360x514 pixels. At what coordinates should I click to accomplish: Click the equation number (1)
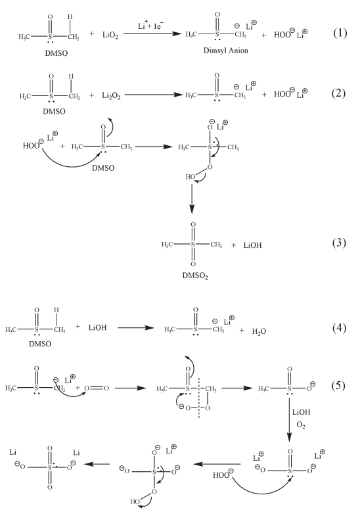[340, 33]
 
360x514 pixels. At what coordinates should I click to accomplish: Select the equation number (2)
[338, 93]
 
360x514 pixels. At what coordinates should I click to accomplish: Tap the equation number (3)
[339, 243]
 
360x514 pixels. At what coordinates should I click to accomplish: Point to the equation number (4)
[339, 328]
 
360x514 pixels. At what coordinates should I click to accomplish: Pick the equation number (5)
[338, 385]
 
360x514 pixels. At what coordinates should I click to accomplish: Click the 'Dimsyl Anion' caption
[226, 51]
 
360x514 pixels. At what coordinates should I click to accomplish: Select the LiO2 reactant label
[110, 35]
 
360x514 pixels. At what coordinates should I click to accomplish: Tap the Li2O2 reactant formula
[111, 95]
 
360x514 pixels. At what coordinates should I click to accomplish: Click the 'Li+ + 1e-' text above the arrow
[150, 25]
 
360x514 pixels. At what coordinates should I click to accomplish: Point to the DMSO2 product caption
[195, 275]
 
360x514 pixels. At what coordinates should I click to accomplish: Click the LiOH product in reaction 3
[252, 245]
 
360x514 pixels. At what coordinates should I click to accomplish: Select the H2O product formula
[259, 331]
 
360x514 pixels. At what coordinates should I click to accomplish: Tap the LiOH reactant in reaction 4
[98, 327]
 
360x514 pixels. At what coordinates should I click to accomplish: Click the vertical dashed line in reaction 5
[199, 398]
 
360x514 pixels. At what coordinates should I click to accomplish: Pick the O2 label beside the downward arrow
[301, 425]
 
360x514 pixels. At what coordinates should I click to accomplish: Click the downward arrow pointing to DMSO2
[192, 199]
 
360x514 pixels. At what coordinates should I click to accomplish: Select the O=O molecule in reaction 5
[97, 388]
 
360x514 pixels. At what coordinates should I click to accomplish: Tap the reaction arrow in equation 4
[135, 327]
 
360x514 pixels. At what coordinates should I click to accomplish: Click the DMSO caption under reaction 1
[56, 53]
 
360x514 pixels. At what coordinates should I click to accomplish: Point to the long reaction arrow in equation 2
[154, 95]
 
